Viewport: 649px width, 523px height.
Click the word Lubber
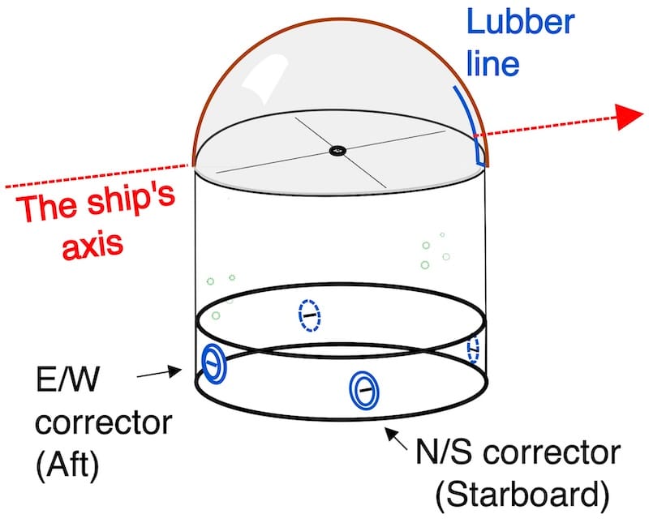(x=521, y=22)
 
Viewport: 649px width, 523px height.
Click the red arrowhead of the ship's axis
(x=630, y=117)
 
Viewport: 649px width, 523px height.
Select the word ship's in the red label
(x=131, y=200)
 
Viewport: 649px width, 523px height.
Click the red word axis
(x=92, y=245)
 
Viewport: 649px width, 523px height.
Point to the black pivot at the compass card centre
(x=337, y=150)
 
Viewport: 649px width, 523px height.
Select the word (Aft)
(x=68, y=466)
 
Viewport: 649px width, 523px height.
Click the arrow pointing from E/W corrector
(x=159, y=372)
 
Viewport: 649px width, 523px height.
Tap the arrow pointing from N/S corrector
(x=396, y=439)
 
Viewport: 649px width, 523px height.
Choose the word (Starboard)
(x=522, y=495)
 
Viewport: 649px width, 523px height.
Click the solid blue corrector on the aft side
(x=213, y=363)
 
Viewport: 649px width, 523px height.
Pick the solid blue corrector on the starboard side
(x=363, y=390)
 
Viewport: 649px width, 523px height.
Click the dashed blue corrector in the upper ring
(x=309, y=315)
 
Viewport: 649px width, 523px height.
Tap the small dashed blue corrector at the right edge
(x=473, y=349)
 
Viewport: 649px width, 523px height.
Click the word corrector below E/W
(x=104, y=422)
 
